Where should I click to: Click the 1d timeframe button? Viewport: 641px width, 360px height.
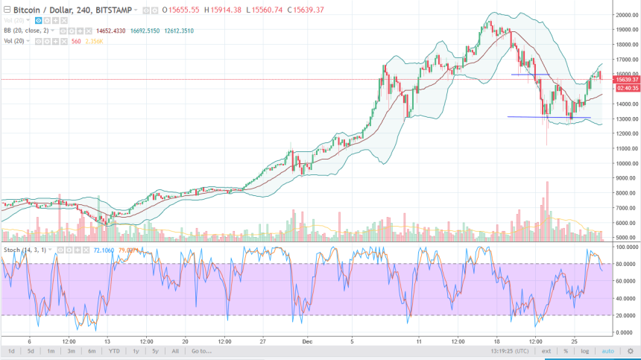tap(11, 350)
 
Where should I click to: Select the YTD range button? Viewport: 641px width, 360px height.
tap(114, 350)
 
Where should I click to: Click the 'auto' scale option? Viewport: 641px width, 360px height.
tap(607, 350)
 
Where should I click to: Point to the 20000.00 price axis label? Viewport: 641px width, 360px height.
tap(625, 15)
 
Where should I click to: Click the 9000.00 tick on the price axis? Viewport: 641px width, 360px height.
tap(625, 178)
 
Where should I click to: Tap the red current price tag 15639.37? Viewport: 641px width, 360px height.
tap(624, 79)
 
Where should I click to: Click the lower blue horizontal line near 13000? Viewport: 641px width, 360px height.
tap(548, 117)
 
